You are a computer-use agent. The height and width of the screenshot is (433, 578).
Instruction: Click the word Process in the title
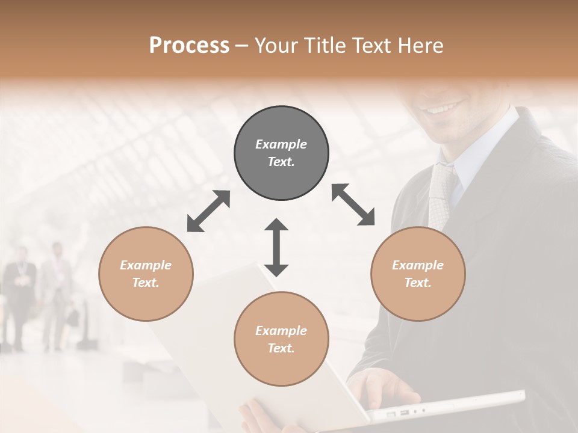click(189, 46)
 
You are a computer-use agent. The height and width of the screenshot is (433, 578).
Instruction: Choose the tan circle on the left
click(146, 274)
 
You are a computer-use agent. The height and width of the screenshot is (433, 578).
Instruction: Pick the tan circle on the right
click(418, 274)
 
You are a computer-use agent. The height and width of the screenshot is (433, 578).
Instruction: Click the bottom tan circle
click(281, 339)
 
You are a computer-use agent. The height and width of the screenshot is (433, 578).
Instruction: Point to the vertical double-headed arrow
click(276, 247)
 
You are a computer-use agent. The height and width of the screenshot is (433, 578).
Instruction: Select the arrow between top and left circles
click(208, 211)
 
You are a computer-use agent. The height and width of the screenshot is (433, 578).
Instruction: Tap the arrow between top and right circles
click(353, 205)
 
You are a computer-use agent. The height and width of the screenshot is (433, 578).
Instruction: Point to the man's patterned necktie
click(442, 192)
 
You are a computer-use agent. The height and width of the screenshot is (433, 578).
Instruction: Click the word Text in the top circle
click(281, 162)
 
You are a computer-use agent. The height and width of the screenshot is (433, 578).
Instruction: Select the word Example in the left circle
click(146, 265)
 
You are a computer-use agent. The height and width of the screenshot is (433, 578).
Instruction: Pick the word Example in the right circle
click(418, 265)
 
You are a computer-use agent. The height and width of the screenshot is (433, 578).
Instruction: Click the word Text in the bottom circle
click(281, 348)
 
